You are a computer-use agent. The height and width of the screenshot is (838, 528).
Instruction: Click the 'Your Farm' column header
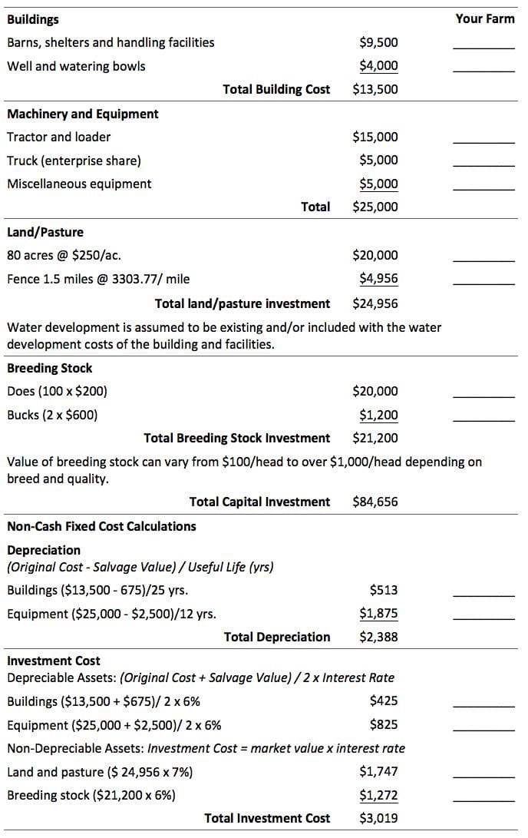click(484, 18)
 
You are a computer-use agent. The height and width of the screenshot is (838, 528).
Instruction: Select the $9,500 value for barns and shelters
click(378, 42)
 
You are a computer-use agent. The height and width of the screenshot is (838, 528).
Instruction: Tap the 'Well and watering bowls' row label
click(76, 66)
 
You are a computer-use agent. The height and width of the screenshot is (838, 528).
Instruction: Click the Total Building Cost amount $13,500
click(375, 89)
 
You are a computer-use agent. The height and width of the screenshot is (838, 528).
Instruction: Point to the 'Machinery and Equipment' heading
click(83, 114)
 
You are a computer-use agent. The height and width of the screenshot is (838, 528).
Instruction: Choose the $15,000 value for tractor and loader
click(375, 137)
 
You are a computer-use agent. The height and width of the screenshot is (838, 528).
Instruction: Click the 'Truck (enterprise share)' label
click(74, 161)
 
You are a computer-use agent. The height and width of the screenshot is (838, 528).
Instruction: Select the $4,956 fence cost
click(378, 278)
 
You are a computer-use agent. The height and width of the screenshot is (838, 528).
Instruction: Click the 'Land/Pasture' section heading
click(45, 232)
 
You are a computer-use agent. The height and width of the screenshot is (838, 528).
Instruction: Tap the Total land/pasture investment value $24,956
click(375, 303)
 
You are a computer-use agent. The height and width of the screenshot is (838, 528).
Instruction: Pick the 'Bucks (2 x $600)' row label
click(52, 416)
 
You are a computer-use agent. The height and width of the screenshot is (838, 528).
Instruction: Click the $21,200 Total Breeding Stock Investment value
click(375, 439)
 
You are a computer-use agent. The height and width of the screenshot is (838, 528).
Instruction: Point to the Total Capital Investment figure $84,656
click(375, 502)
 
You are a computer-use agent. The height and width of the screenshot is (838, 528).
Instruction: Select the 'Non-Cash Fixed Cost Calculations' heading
click(101, 526)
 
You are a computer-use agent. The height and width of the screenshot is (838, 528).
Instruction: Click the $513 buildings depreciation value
click(384, 590)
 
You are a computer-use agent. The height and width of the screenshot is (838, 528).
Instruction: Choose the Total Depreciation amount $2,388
click(378, 637)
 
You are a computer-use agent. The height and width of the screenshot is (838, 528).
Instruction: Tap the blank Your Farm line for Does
click(483, 396)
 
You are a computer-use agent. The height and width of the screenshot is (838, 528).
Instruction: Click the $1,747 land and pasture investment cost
click(378, 771)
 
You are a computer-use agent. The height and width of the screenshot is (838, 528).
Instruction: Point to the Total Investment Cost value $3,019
click(378, 818)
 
